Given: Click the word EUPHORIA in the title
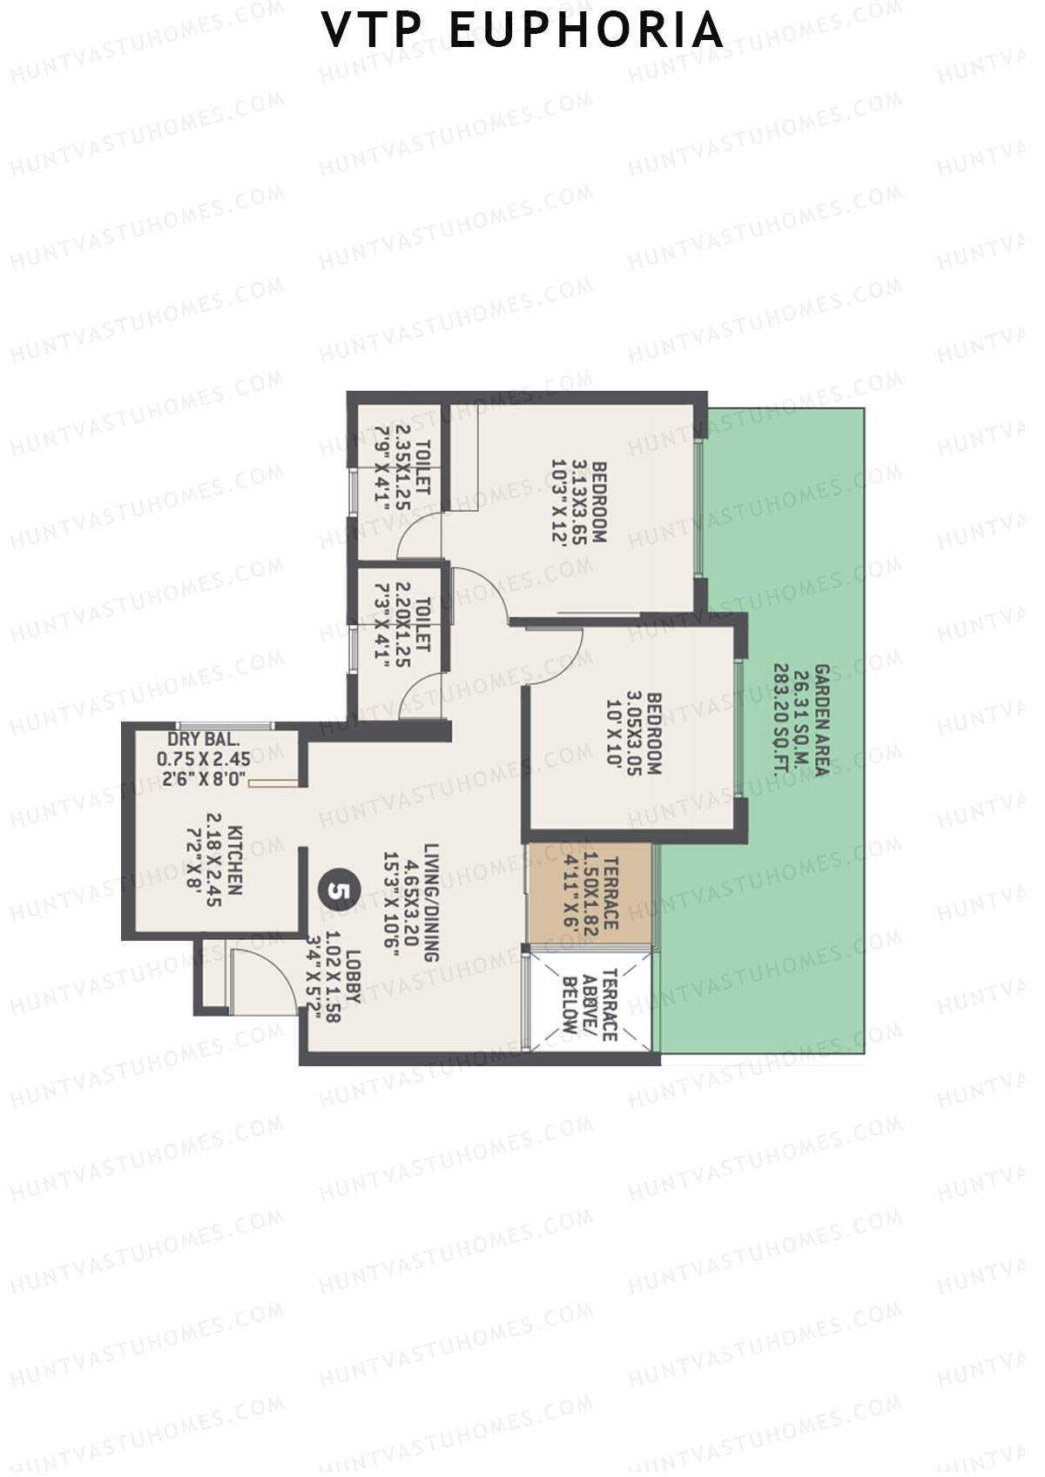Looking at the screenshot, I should (587, 30).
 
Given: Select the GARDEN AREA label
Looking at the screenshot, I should (820, 720).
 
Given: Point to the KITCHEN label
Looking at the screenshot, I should (234, 862).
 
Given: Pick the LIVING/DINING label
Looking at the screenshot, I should (431, 901).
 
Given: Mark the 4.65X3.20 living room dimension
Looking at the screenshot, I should (411, 901).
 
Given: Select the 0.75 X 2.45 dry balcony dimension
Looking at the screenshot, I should (204, 759).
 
